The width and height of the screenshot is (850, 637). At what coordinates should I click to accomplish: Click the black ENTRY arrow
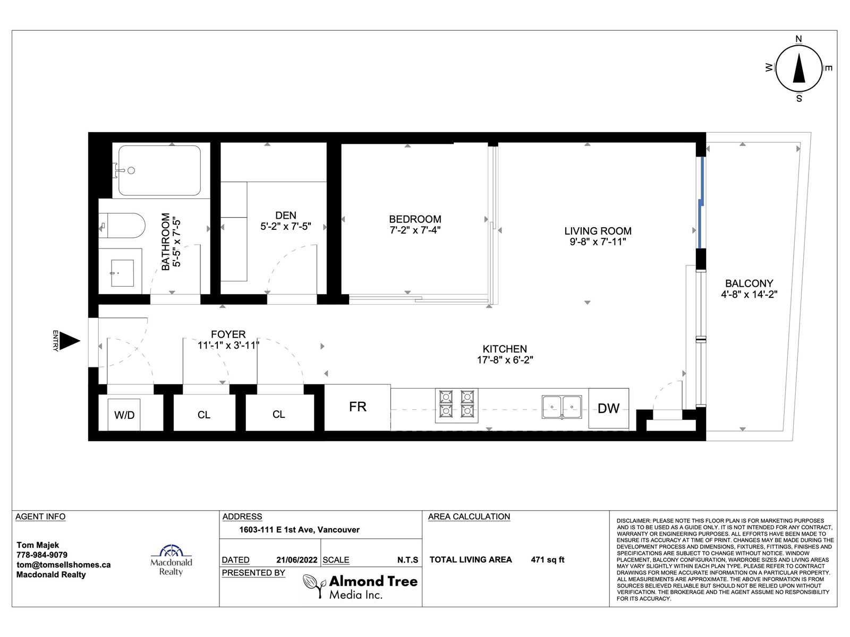[x=69, y=341]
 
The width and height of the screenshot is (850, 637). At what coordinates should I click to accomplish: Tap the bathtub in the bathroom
[x=159, y=170]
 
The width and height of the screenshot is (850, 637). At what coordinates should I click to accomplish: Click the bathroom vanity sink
[x=122, y=273]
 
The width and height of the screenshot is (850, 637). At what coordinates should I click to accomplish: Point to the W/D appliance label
[x=124, y=415]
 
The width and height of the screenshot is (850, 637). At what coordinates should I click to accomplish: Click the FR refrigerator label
[x=358, y=407]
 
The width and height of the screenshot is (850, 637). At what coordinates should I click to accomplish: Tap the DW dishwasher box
[x=608, y=408]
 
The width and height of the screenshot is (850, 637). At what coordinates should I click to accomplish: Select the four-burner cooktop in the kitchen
[x=456, y=406]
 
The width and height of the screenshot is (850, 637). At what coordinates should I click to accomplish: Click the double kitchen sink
[x=562, y=407]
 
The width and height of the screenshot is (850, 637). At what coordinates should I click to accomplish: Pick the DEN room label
[x=286, y=216]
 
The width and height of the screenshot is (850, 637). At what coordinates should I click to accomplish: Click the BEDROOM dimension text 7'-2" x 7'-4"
[x=415, y=230]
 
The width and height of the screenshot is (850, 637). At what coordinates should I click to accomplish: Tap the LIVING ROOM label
[x=598, y=231]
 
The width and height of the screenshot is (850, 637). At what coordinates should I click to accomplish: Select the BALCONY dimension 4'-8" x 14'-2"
[x=749, y=294]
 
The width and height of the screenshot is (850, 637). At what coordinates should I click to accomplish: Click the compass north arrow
[x=799, y=68]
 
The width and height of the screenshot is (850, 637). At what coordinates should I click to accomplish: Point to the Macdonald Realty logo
[x=171, y=560]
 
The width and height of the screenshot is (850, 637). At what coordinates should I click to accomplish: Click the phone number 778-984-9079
[x=42, y=555]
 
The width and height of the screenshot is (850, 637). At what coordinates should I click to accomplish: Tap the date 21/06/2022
[x=296, y=559]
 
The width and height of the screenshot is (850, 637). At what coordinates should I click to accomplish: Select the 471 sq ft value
[x=548, y=559]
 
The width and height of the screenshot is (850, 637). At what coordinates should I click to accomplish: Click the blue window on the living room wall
[x=701, y=202]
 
